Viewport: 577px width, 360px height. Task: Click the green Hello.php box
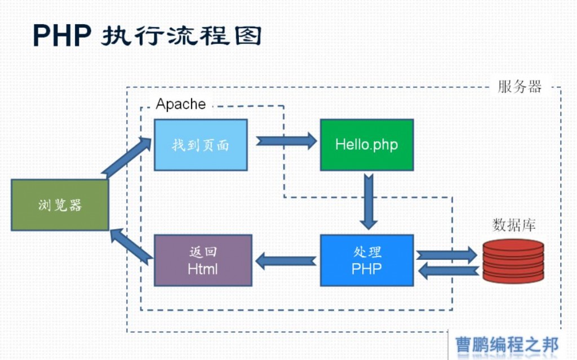[x=367, y=145]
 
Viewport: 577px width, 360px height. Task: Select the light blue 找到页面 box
[x=201, y=145]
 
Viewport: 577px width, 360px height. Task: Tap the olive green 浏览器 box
[x=60, y=205]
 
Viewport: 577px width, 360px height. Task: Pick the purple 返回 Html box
[x=203, y=260]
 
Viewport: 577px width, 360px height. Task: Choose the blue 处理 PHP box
[x=367, y=260]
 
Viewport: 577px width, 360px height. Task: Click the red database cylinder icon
[x=513, y=261]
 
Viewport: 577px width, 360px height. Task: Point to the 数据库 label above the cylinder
[x=514, y=225]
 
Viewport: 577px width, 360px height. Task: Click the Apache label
[x=181, y=104]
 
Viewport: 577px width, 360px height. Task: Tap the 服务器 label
[x=520, y=87]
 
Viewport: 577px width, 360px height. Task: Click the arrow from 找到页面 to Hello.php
[x=286, y=141]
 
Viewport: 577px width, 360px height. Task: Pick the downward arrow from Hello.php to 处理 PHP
[x=369, y=202]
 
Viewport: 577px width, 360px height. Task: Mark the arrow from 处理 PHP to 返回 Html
[x=286, y=261]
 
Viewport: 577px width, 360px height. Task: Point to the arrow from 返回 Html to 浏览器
[x=131, y=246]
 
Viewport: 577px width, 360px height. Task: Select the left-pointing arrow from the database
[x=449, y=271]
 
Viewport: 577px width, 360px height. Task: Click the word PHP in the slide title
[x=62, y=35]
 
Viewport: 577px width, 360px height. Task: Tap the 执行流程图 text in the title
[x=181, y=35]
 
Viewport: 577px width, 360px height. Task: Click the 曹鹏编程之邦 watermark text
[x=507, y=345]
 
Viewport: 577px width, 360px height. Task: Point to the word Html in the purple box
[x=203, y=269]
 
